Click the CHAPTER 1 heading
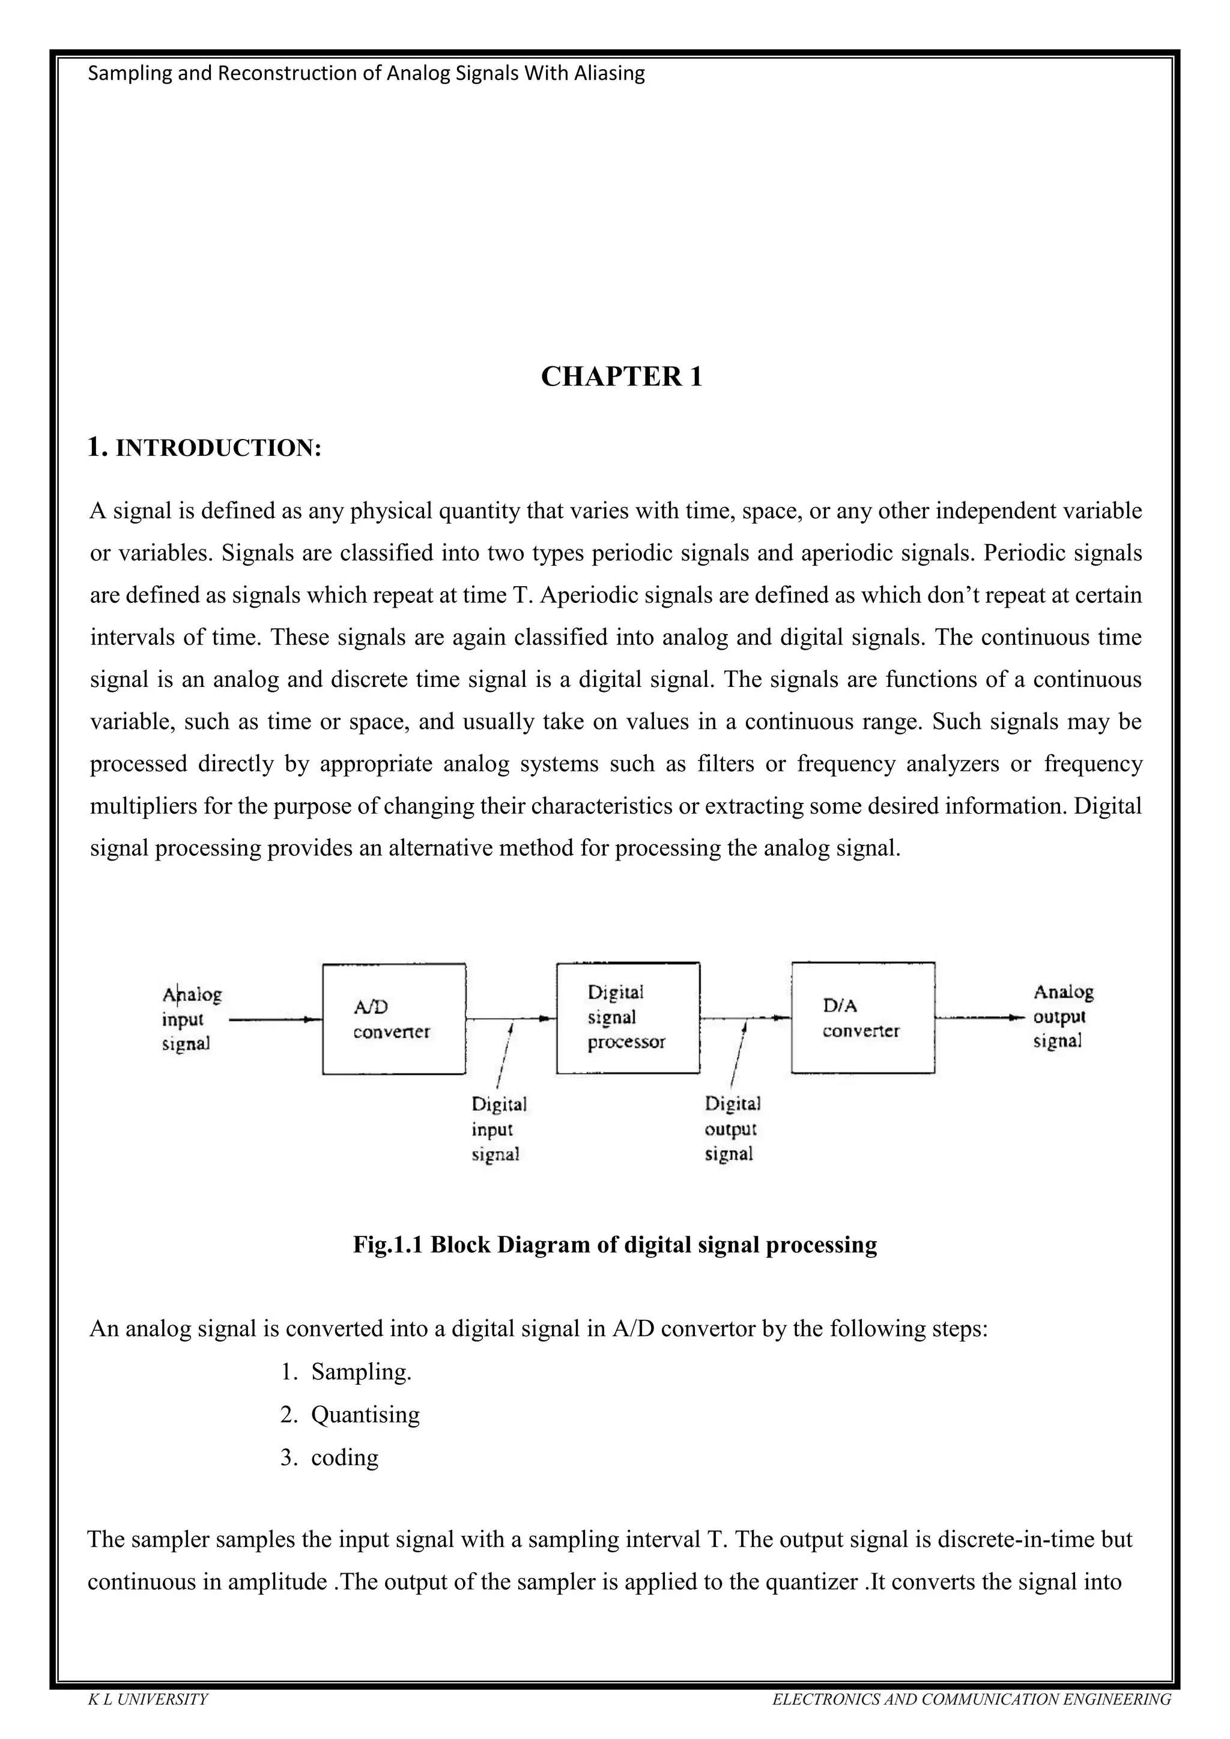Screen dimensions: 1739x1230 621,377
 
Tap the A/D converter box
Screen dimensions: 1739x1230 394,1018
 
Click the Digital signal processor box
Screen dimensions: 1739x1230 628,1018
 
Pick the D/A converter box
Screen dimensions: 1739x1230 862,1018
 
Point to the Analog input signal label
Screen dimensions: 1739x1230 192,1018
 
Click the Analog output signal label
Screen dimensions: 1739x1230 1062,1017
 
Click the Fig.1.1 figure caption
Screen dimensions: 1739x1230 615,1244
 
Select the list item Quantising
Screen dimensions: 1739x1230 365,1414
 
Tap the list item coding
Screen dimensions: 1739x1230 345,1457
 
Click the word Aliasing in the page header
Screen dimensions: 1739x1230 610,73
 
